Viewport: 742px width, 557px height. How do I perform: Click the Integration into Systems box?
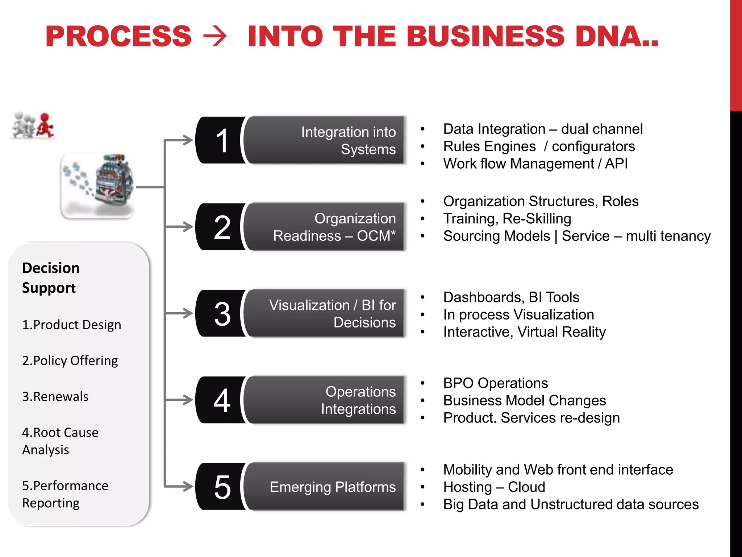(x=324, y=140)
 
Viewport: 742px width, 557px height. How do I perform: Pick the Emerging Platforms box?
(x=324, y=487)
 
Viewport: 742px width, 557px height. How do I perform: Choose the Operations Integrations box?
(x=324, y=400)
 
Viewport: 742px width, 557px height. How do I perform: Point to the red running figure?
(x=45, y=125)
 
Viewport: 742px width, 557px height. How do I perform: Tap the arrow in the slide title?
(x=215, y=37)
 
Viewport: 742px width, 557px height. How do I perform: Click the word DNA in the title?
(x=612, y=36)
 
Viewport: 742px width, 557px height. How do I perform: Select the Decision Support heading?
(x=51, y=278)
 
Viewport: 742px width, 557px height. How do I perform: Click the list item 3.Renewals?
(x=55, y=397)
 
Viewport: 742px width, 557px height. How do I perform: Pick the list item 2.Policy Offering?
(x=70, y=361)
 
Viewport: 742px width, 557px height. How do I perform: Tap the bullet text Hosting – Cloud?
(x=494, y=487)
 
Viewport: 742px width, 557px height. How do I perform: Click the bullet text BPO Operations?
(x=495, y=383)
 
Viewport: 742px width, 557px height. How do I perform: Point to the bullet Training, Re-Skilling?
(x=507, y=219)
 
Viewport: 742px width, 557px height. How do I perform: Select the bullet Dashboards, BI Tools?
(x=511, y=297)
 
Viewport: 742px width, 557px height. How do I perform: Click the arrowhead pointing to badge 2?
(x=188, y=227)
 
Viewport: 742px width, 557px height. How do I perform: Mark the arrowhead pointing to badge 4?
(x=188, y=400)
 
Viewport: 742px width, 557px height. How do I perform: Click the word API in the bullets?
(x=616, y=164)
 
